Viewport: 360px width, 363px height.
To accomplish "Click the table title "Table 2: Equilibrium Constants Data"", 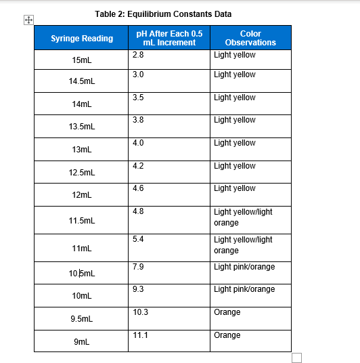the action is click(163, 14).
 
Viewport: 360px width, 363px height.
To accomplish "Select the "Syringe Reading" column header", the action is click(82, 38).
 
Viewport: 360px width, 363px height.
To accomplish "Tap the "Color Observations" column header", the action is click(250, 38).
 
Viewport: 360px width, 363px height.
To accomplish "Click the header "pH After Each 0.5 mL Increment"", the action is click(169, 38).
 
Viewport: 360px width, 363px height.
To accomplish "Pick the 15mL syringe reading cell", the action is click(81, 60).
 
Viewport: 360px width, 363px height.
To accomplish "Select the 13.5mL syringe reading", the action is click(82, 127).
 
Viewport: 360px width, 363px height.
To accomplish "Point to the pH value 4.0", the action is click(138, 143).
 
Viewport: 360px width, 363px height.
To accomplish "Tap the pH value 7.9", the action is click(138, 267).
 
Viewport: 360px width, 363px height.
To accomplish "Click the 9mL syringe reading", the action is click(81, 343).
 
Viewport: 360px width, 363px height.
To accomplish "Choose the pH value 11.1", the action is click(140, 335).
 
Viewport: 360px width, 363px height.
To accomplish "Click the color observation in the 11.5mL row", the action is click(243, 217).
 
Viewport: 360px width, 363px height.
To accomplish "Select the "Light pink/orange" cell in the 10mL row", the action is click(244, 289).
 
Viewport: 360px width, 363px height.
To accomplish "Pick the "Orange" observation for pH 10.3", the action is click(227, 312).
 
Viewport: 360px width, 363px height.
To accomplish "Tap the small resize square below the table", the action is click(296, 357).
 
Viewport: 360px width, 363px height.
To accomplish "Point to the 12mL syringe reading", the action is click(81, 195).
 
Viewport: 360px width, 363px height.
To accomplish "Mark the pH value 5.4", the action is click(138, 239).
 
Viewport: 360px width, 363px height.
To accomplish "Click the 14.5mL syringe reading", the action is click(82, 81).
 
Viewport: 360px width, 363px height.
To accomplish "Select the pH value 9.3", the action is click(138, 289).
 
